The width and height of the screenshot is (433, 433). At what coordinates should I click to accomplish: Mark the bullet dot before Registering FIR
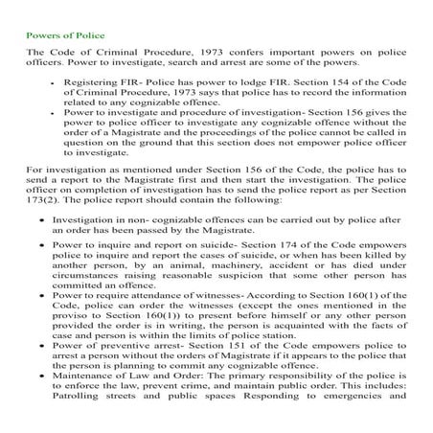tap(50, 83)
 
